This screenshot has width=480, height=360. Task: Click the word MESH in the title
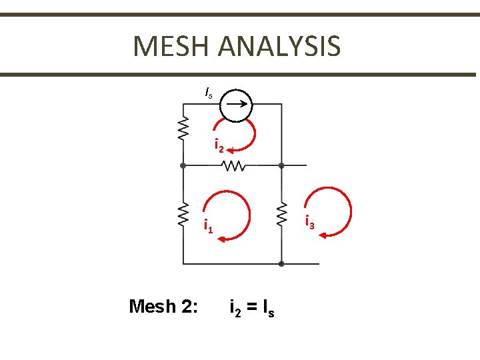click(x=172, y=46)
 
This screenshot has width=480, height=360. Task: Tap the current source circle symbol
click(x=237, y=104)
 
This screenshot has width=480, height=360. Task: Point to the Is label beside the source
click(x=209, y=93)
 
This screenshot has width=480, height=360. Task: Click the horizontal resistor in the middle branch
click(x=235, y=165)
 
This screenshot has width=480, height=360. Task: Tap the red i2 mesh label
click(x=217, y=145)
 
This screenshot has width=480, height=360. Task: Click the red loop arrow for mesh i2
click(x=252, y=137)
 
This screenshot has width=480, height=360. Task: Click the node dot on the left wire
click(x=183, y=165)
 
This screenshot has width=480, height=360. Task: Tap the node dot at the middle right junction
click(x=281, y=165)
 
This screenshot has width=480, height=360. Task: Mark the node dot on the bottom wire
click(x=281, y=264)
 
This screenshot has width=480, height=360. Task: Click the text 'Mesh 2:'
click(x=163, y=307)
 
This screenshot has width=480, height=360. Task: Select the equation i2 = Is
click(x=251, y=309)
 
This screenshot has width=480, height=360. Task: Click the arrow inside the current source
click(x=238, y=104)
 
